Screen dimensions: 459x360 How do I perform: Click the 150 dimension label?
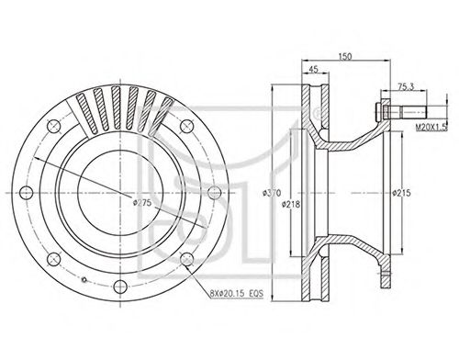pos(345,56)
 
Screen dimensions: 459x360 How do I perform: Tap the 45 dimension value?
pos(313,69)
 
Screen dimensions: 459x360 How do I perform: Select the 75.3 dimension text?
pos(406,86)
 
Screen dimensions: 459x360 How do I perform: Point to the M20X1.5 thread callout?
pos(431,127)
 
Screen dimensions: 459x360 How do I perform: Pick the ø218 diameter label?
pos(291,204)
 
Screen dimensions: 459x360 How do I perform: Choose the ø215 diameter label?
pos(401,193)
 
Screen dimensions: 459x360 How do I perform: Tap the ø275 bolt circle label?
pos(142,202)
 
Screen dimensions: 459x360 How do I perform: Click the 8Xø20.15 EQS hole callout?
pos(236,294)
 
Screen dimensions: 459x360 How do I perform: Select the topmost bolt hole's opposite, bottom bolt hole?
pos(119,287)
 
